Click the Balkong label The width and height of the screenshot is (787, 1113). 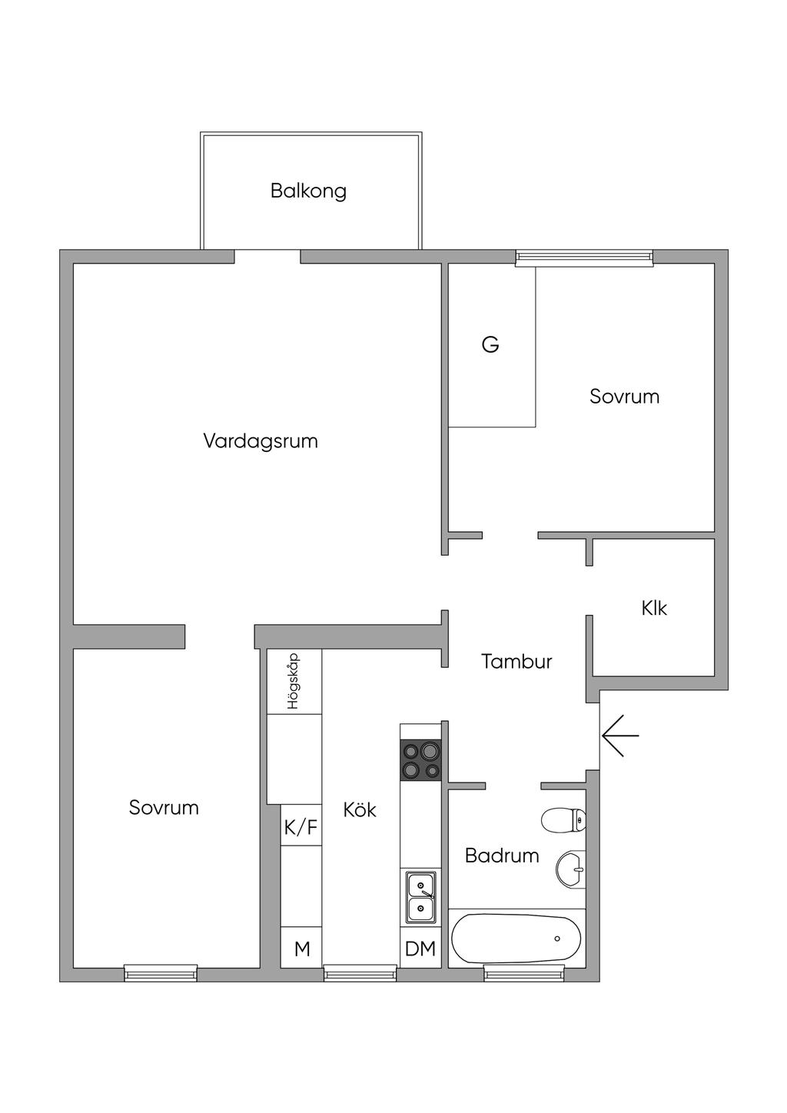(x=308, y=191)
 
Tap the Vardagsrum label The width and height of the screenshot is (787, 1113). (x=261, y=441)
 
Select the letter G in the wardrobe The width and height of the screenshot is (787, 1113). (x=490, y=344)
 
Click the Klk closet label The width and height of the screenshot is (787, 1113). (x=654, y=608)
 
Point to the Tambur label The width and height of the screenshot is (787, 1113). (x=516, y=661)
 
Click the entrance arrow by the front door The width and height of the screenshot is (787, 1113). (x=620, y=736)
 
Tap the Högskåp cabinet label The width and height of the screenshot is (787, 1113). (x=293, y=681)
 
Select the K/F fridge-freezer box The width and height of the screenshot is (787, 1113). (x=301, y=827)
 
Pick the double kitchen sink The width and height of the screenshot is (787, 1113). (x=420, y=896)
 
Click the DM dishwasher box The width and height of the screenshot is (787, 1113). (x=420, y=949)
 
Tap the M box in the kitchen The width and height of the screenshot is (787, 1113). (x=302, y=949)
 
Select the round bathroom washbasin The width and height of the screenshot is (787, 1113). (x=570, y=869)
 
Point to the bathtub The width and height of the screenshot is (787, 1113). (x=516, y=939)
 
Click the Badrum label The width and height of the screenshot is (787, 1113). (x=502, y=856)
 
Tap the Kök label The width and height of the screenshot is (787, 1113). (x=360, y=809)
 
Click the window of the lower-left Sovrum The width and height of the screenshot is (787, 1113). (x=161, y=973)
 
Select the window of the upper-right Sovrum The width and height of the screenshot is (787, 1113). (x=584, y=258)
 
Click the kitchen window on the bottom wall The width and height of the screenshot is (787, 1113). (x=360, y=973)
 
